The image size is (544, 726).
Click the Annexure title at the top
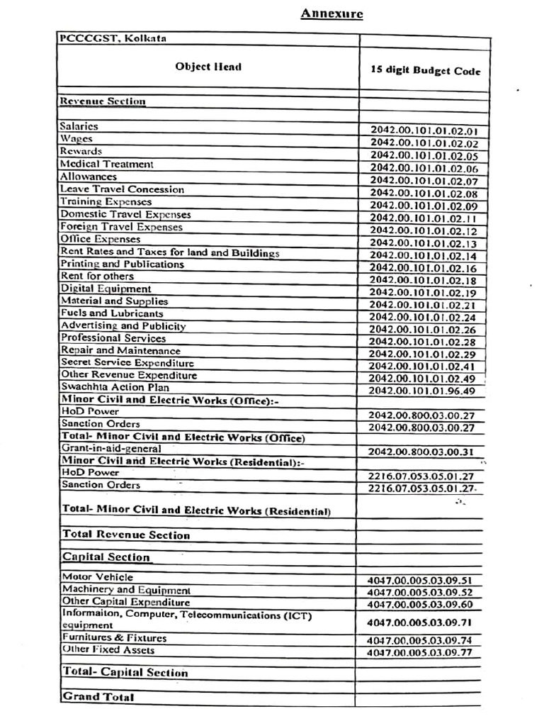click(331, 13)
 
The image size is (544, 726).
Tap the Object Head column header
click(208, 67)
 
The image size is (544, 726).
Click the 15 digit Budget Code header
click(425, 71)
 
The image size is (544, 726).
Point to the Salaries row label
click(79, 126)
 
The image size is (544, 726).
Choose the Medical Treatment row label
click(106, 164)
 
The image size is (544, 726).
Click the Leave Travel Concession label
click(122, 189)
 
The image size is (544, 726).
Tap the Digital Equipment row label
click(106, 289)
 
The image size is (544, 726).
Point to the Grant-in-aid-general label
click(111, 449)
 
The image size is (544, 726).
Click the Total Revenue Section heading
click(127, 535)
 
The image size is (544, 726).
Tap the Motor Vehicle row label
click(97, 577)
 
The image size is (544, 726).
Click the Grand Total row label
click(98, 697)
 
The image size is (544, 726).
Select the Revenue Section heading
click(103, 101)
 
